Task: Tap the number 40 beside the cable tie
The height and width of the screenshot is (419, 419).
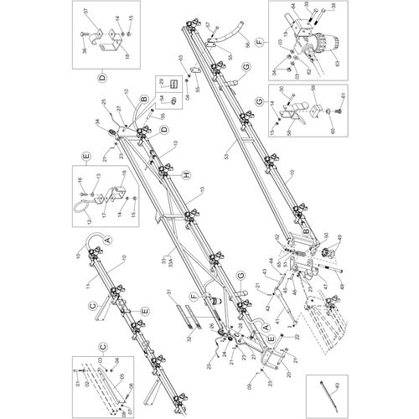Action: click(x=338, y=386)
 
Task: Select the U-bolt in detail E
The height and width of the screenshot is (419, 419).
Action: click(x=83, y=205)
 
